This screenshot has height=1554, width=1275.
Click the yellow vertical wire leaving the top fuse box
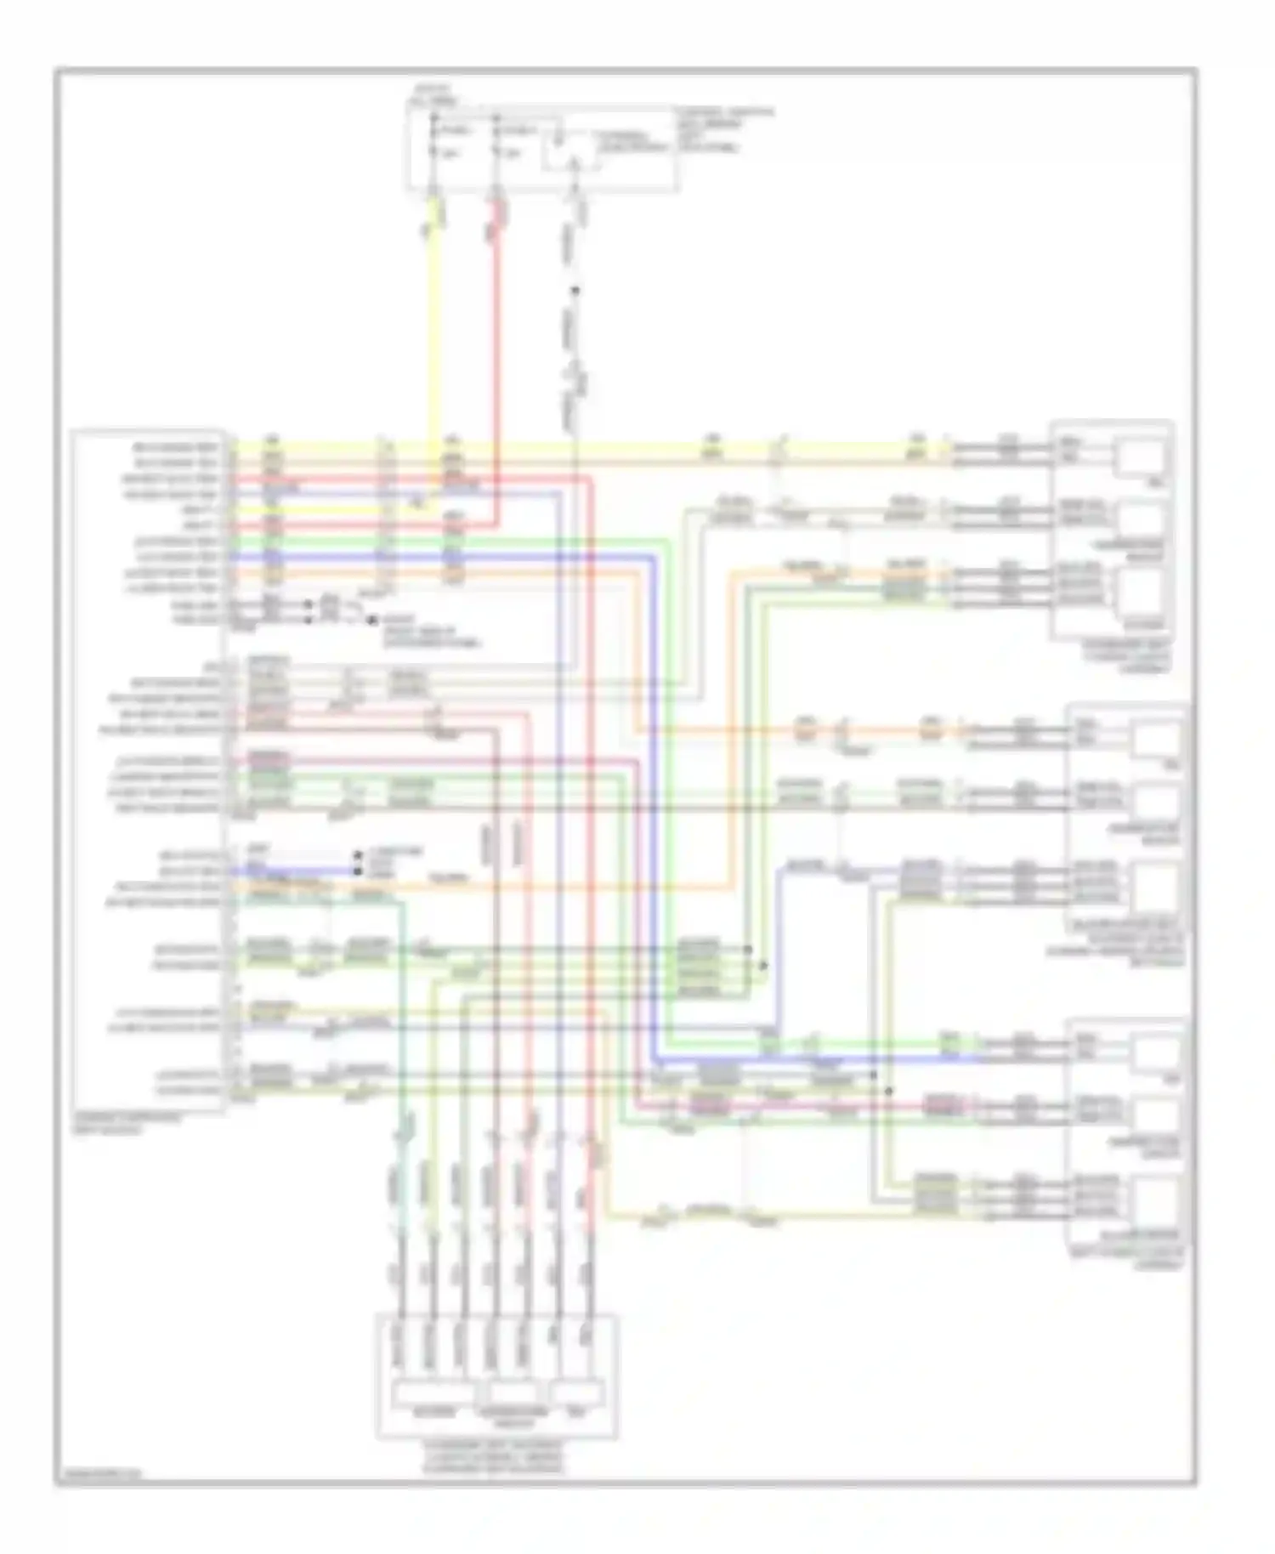point(435,323)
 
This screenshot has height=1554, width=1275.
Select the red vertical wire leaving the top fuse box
point(497,323)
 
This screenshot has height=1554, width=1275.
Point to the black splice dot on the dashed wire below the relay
point(575,291)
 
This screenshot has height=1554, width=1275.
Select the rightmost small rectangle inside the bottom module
point(577,1392)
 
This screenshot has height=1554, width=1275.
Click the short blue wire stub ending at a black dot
point(314,871)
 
